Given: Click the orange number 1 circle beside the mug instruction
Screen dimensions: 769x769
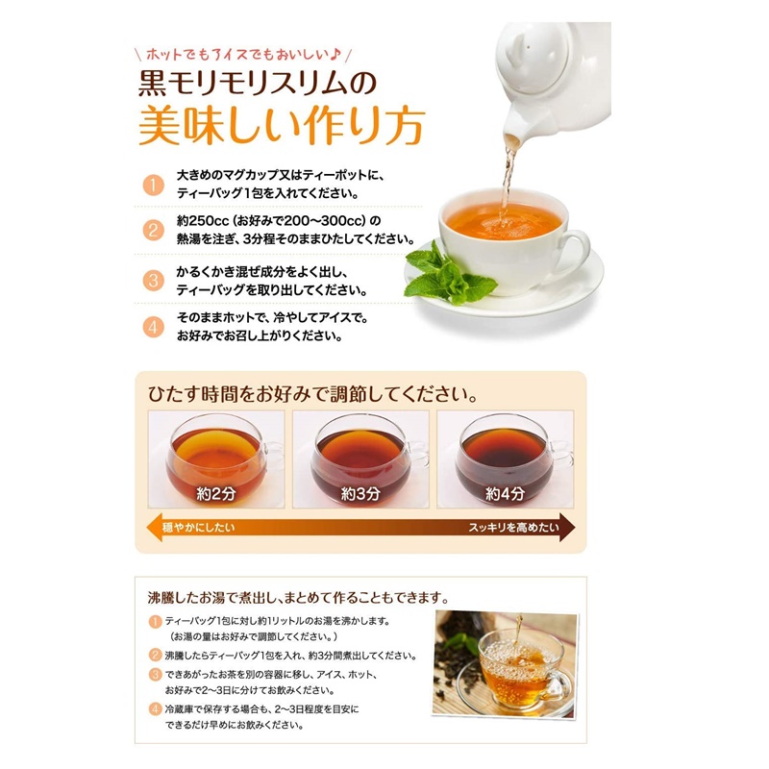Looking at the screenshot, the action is [x=153, y=186].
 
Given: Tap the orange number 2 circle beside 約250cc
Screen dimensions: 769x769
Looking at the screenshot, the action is [x=153, y=231].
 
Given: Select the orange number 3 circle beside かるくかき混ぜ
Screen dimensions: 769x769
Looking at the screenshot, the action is [x=153, y=281].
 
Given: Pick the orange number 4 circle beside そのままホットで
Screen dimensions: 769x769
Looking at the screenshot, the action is [x=153, y=327].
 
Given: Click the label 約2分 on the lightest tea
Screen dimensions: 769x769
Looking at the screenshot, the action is [x=215, y=494].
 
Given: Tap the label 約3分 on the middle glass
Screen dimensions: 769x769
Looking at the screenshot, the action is [x=360, y=494].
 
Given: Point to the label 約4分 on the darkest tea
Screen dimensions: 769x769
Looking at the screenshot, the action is [x=506, y=494].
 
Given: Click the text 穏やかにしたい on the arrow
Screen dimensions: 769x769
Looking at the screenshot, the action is [x=199, y=528].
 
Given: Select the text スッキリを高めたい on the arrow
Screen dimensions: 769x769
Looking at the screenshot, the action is [x=513, y=528].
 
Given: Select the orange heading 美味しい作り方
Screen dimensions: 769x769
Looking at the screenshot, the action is [x=282, y=126].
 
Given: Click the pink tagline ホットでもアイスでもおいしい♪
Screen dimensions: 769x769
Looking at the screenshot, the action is [x=243, y=55].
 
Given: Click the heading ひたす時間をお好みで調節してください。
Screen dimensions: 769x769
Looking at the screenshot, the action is [x=313, y=394].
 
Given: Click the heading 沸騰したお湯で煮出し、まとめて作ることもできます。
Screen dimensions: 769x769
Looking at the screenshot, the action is [x=299, y=598].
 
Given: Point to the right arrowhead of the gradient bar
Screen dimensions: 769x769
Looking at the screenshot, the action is [x=567, y=528].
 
